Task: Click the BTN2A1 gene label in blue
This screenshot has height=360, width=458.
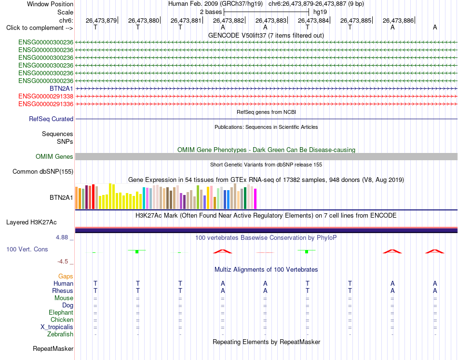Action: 61,89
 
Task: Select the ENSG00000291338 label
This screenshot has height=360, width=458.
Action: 46,96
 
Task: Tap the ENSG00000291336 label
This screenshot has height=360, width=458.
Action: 46,104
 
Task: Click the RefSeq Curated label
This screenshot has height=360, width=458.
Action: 51,119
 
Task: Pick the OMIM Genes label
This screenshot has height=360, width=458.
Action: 54,156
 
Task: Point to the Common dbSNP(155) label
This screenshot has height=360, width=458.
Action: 43,172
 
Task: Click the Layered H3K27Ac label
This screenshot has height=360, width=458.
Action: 31,222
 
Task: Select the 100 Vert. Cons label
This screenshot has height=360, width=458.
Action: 27,249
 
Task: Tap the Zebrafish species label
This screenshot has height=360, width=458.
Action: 60,334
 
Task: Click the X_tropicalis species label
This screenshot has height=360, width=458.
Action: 57,327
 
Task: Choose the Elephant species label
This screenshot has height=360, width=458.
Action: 61,312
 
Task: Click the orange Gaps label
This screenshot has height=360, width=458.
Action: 66,277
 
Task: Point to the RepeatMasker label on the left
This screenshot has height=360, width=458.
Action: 53,348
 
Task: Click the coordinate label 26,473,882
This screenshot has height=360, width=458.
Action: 229,20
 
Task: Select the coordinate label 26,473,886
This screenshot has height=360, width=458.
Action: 398,20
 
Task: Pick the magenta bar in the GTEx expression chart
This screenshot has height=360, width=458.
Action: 256,199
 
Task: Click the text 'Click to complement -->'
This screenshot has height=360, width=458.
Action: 40,28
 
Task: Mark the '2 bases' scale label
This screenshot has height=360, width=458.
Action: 211,12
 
